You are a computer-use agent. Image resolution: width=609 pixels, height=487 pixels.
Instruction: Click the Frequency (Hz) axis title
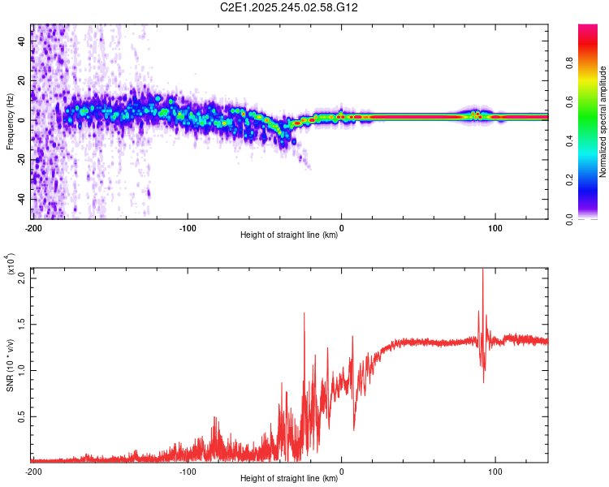click(10, 122)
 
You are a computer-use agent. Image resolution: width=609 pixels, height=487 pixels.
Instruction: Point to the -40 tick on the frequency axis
click(20, 199)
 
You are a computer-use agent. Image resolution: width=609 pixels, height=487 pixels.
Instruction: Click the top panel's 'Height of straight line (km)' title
click(290, 235)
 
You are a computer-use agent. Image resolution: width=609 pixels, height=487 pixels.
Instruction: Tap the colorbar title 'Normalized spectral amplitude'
click(603, 122)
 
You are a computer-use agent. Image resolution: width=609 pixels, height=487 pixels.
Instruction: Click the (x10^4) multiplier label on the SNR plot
click(10, 265)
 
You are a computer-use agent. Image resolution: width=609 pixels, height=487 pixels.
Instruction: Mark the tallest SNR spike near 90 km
click(482, 270)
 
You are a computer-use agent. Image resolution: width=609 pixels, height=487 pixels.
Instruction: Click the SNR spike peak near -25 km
click(304, 313)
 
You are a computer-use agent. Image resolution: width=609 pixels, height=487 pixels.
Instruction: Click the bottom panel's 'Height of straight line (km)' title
click(290, 478)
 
